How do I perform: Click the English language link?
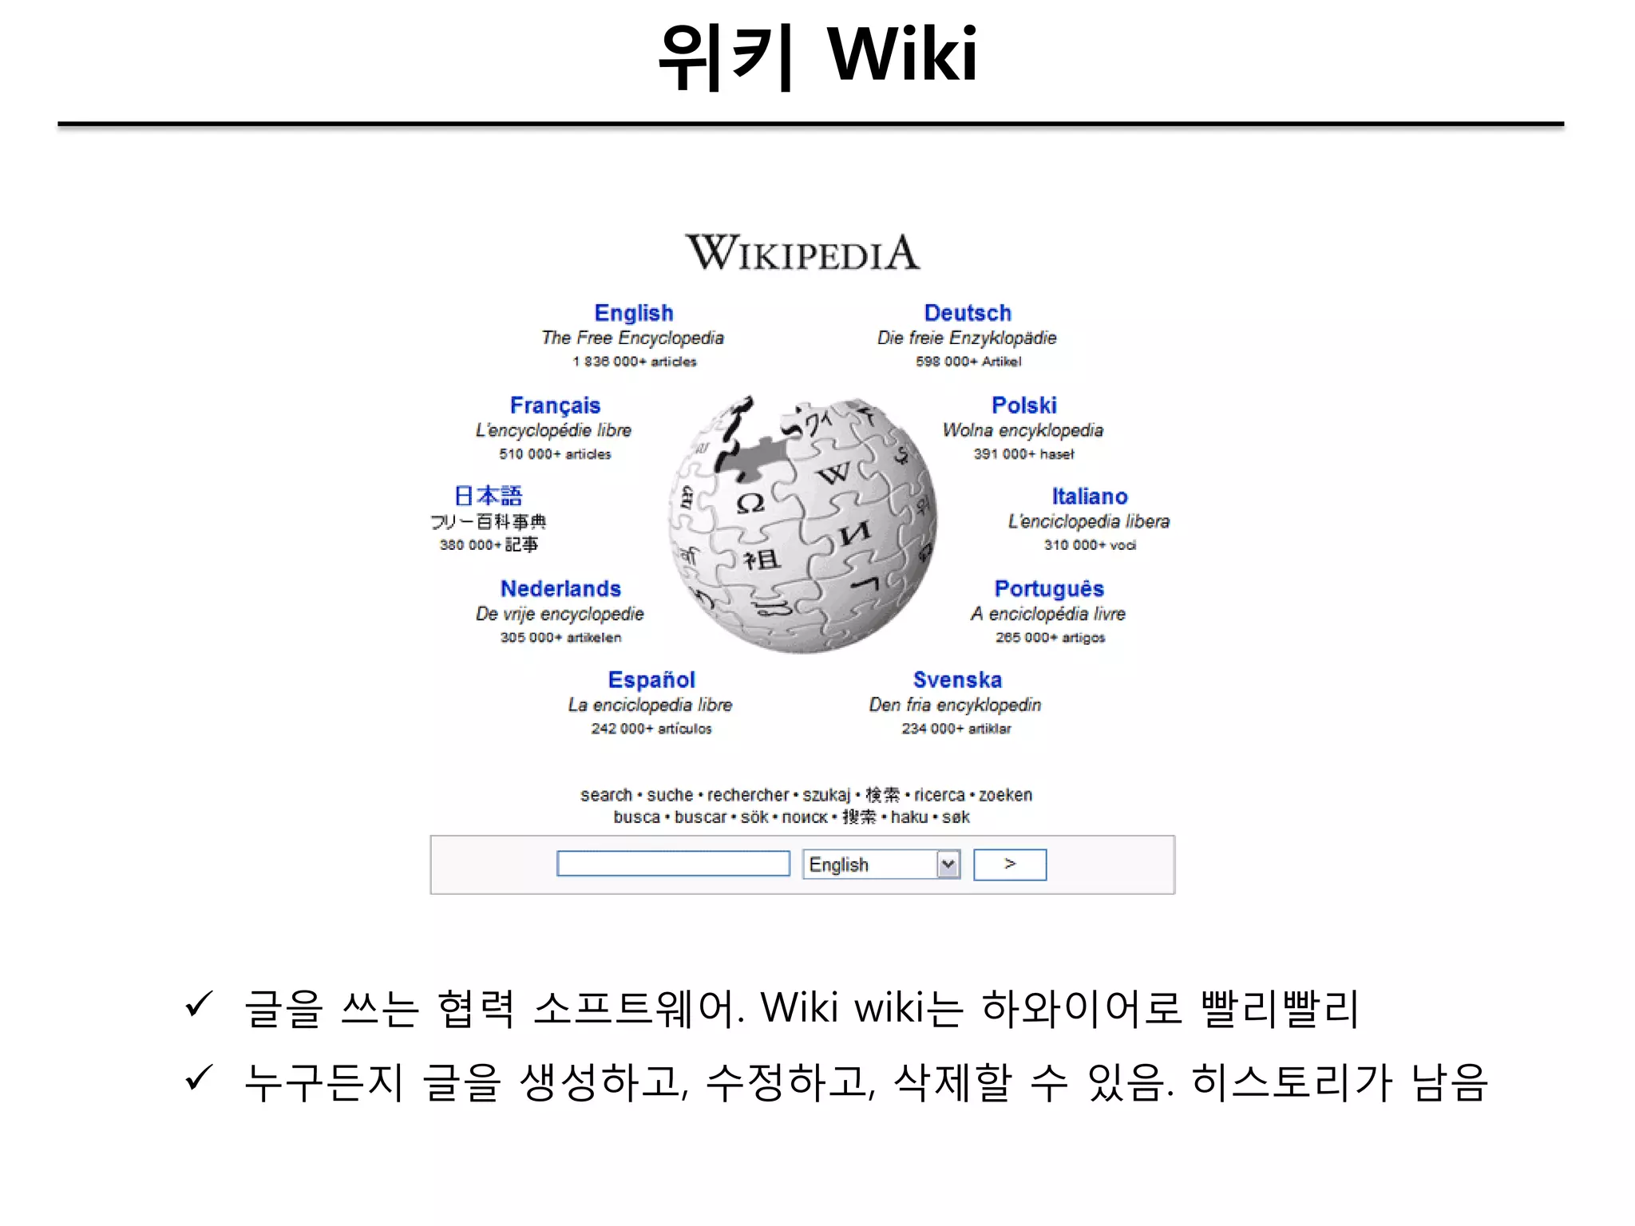pos(634,313)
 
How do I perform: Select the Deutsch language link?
pos(968,313)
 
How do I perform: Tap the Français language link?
pos(555,405)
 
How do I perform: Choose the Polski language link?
pos(1024,405)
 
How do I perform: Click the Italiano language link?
pos(1089,496)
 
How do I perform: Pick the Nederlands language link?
pos(560,589)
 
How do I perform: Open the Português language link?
pos(1049,589)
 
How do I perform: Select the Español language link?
pos(651,680)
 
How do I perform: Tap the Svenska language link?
pos(957,680)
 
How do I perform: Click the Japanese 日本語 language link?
pos(488,496)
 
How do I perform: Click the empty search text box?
pos(673,864)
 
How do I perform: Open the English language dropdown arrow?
pos(948,864)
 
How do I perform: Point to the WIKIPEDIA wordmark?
pos(802,253)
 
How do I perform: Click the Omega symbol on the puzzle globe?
pos(750,503)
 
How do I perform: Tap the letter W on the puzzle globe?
pos(834,474)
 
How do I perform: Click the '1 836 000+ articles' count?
pos(634,362)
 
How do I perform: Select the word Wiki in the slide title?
pos(902,54)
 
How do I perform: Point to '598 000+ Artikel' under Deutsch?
pos(968,362)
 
